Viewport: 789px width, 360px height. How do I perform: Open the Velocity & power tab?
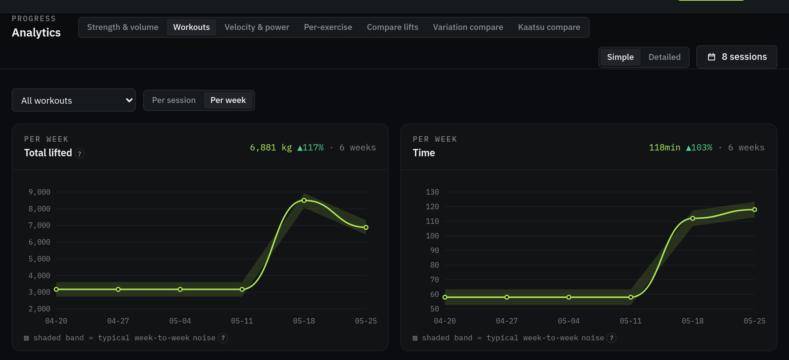pyautogui.click(x=257, y=27)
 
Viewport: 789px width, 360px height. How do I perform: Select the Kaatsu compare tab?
pyautogui.click(x=549, y=27)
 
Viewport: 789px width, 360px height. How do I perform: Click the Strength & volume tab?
pyautogui.click(x=123, y=27)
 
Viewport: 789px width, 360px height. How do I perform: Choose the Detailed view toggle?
pyautogui.click(x=664, y=57)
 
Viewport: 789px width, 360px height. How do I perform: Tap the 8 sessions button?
pyautogui.click(x=737, y=57)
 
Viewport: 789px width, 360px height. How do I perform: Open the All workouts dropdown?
pyautogui.click(x=74, y=100)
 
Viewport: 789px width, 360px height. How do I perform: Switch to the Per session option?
pyautogui.click(x=174, y=100)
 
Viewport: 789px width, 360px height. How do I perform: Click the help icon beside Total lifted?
pyautogui.click(x=80, y=154)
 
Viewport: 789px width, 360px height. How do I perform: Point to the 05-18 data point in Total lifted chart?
pyautogui.click(x=304, y=200)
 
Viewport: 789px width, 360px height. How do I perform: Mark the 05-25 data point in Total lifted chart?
pyautogui.click(x=366, y=227)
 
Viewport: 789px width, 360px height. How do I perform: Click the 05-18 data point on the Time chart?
pyautogui.click(x=693, y=218)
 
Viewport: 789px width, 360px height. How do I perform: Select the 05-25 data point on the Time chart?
pyautogui.click(x=755, y=210)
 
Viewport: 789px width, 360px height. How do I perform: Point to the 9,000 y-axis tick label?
pyautogui.click(x=39, y=192)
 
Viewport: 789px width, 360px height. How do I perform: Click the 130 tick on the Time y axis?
pyautogui.click(x=432, y=192)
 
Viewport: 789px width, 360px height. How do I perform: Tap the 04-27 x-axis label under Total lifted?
pyautogui.click(x=118, y=321)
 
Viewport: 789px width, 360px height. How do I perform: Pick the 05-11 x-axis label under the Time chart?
pyautogui.click(x=630, y=321)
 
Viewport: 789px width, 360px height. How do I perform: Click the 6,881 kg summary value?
pyautogui.click(x=271, y=148)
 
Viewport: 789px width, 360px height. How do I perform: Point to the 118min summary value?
pyautogui.click(x=664, y=148)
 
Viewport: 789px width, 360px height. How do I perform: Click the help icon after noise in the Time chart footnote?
pyautogui.click(x=611, y=338)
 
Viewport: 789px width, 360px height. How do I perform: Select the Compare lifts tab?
pyautogui.click(x=393, y=27)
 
